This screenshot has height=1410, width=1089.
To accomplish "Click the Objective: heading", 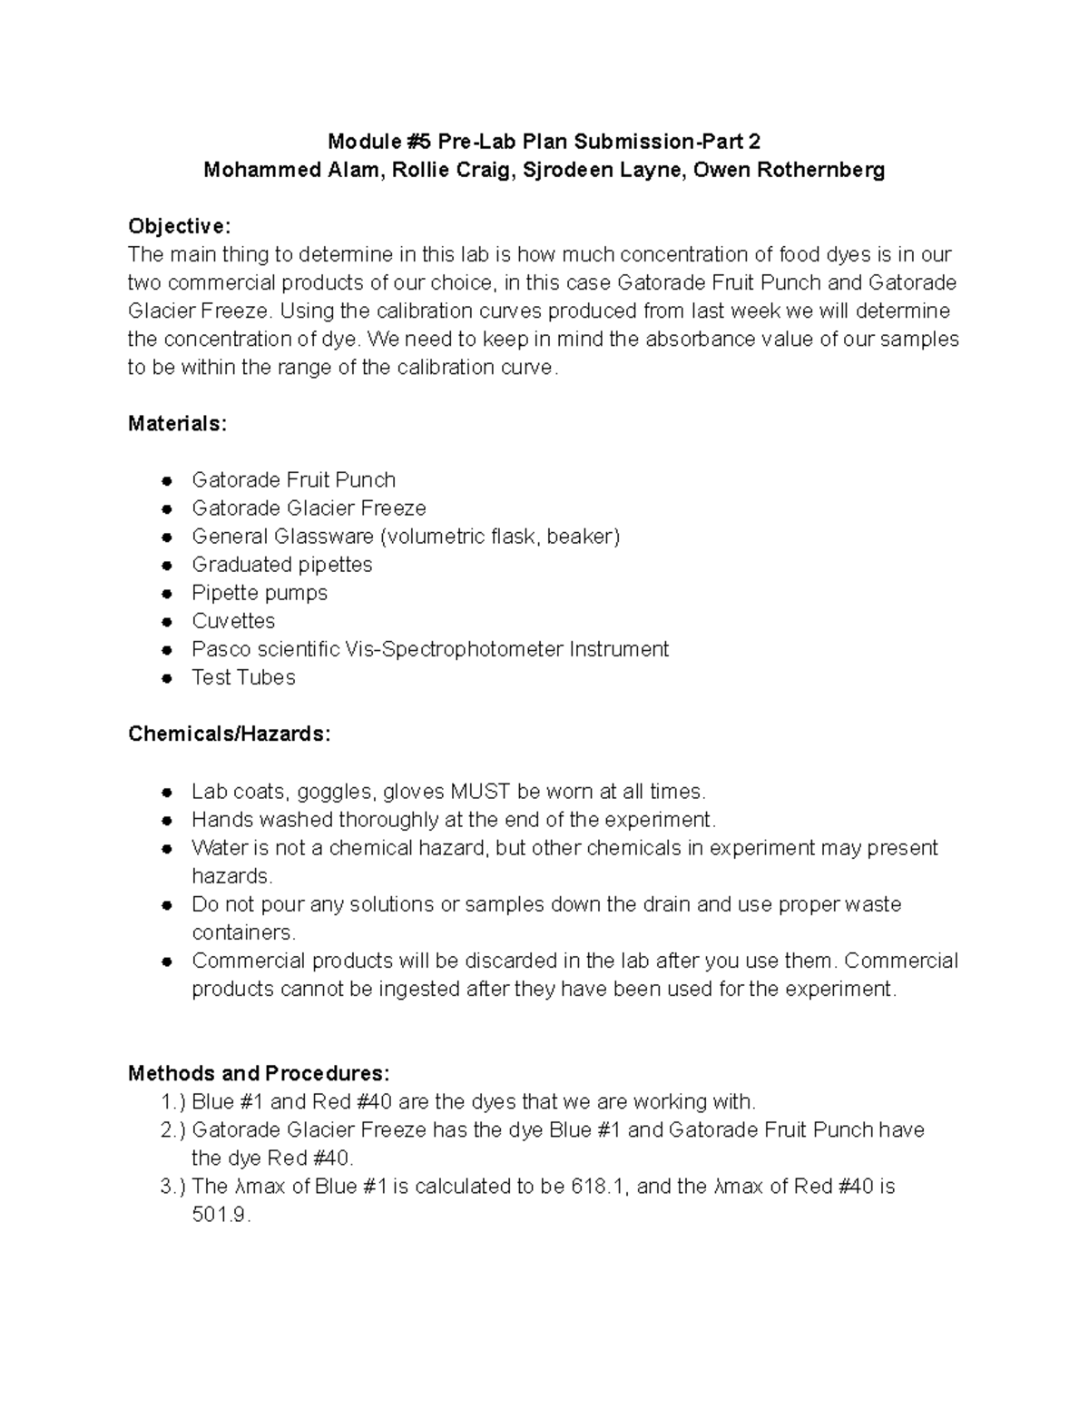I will tap(180, 225).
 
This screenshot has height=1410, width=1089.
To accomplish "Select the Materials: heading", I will tap(178, 423).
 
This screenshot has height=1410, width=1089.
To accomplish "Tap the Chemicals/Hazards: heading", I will tap(230, 734).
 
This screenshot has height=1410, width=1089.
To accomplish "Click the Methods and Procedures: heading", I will tap(259, 1073).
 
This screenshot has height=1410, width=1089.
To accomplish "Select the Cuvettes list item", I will tap(233, 621).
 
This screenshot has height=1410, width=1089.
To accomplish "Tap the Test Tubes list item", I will tap(243, 677).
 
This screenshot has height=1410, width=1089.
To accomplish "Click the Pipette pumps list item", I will tap(260, 593).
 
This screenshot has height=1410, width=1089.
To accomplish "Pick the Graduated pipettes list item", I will tap(281, 565).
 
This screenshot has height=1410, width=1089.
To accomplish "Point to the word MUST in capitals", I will tap(480, 791).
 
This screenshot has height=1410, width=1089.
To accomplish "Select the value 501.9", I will tap(221, 1215).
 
